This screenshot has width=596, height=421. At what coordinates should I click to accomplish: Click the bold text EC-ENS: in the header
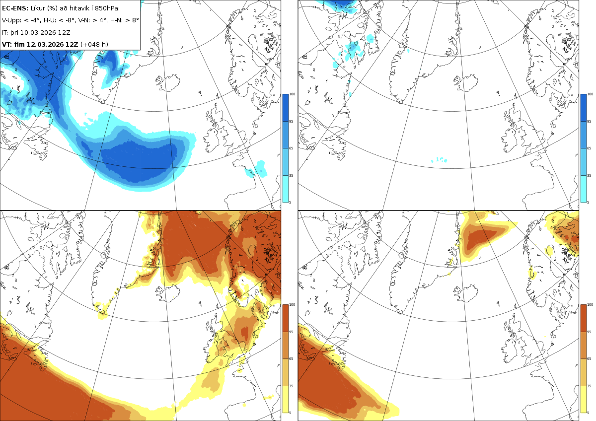(15, 8)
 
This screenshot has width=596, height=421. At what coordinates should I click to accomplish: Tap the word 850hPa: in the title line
(107, 8)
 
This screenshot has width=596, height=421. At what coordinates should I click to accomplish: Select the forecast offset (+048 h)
(94, 44)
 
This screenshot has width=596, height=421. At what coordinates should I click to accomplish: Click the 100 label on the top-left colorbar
(292, 94)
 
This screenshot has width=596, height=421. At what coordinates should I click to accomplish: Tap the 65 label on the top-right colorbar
(589, 148)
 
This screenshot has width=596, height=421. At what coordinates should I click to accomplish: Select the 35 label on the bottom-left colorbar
(291, 386)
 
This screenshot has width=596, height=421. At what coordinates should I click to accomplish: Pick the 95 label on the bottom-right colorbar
(589, 332)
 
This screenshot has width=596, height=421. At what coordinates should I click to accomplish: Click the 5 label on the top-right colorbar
(588, 202)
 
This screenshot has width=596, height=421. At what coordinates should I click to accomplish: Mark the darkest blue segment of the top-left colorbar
(285, 108)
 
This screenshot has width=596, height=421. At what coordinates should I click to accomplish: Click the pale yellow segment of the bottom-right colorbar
(583, 399)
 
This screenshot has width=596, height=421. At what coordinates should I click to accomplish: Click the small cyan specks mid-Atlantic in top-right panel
(439, 160)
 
